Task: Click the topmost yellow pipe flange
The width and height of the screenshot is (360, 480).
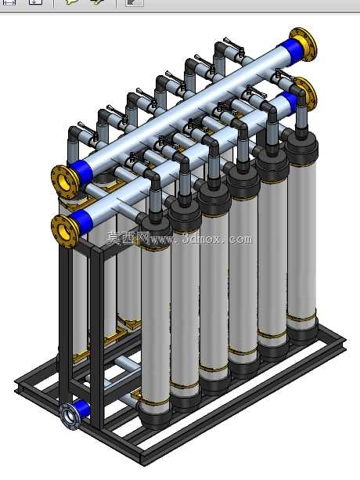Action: [x=304, y=44]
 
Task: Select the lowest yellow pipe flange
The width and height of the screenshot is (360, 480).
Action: [x=65, y=230]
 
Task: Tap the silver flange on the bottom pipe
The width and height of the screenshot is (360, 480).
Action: [x=70, y=417]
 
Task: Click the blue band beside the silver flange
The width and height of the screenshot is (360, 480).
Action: [x=82, y=409]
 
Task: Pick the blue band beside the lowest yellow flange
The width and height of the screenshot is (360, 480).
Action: [x=81, y=222]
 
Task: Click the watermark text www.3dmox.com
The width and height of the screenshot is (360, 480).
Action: [x=202, y=240]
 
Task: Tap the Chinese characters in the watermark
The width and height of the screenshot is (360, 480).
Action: [x=128, y=238]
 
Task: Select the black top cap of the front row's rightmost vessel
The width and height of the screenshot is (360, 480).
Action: [x=301, y=149]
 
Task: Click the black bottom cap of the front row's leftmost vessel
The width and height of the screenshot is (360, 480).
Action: [x=155, y=416]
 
